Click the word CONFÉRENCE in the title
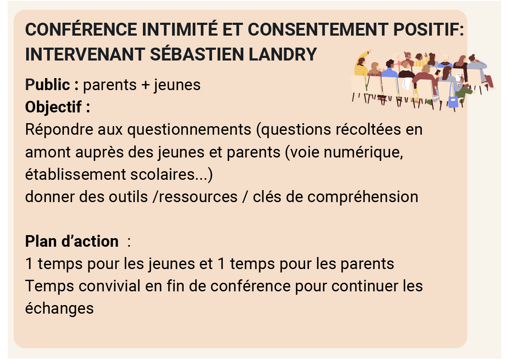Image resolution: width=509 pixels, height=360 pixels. click(81, 30)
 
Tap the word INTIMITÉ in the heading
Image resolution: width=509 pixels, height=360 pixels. click(179, 30)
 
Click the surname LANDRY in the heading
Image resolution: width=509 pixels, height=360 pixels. click(282, 54)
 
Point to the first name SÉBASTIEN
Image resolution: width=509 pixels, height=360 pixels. click(197, 54)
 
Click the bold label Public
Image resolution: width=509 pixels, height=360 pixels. click(47, 85)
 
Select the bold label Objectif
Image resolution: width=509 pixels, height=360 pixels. click(54, 107)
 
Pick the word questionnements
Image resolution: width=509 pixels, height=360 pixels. click(189, 130)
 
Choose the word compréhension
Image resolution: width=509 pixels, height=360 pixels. click(363, 197)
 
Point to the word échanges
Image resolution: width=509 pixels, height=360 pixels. click(59, 309)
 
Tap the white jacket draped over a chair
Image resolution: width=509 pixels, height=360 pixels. click(406, 83)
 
